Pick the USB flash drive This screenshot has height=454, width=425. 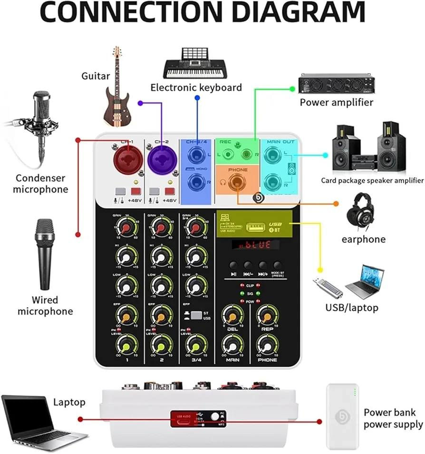pyautogui.click(x=328, y=286)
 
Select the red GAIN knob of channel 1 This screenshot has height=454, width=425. pyautogui.click(x=126, y=229)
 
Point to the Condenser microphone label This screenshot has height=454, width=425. pyautogui.click(x=40, y=184)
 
